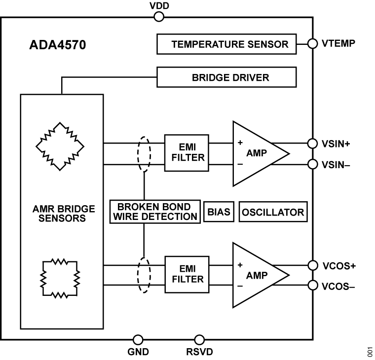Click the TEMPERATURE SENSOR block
(229, 44)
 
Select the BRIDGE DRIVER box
(229, 77)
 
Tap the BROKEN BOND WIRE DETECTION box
(154, 211)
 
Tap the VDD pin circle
(159, 17)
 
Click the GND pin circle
(139, 340)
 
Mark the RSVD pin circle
(199, 340)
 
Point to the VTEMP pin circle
(312, 43)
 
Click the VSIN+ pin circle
(312, 144)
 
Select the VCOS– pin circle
(312, 285)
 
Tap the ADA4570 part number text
(57, 47)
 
